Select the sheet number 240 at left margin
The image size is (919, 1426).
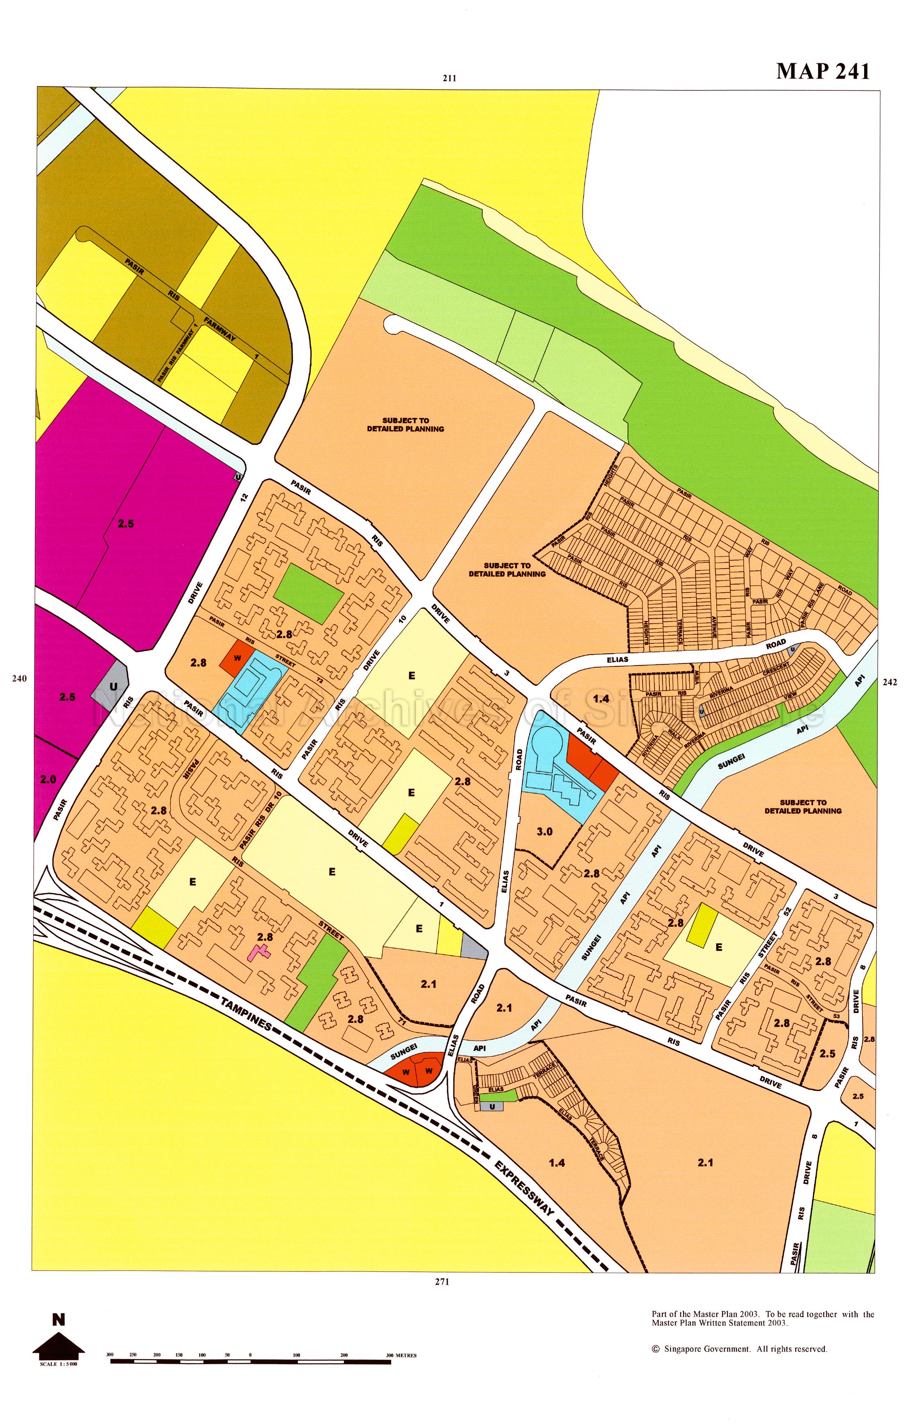(19, 678)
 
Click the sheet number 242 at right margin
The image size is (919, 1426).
(889, 682)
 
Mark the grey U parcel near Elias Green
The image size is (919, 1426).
(492, 1106)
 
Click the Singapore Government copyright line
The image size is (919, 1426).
(739, 1349)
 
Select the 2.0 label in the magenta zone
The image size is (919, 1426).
(48, 779)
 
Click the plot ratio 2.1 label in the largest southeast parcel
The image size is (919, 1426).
(705, 1162)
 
